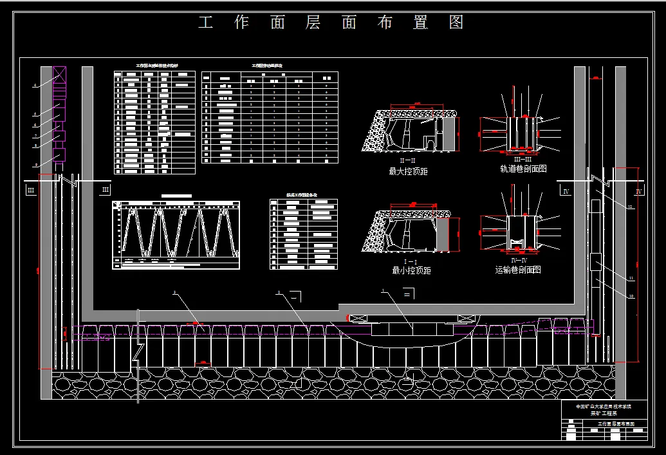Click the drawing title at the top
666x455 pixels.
(331, 23)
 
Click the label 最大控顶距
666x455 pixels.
(409, 172)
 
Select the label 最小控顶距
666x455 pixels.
(411, 271)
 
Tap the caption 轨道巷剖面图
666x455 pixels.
(523, 169)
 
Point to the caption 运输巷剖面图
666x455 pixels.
(518, 270)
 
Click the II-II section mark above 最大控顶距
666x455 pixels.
(409, 160)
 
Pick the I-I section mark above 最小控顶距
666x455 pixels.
(410, 261)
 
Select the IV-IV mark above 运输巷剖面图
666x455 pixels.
(519, 260)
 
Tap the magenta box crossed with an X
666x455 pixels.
(59, 74)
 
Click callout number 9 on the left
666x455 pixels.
(36, 165)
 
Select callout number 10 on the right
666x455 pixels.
(631, 296)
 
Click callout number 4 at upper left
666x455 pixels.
(35, 85)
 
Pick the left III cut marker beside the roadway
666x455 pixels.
(30, 191)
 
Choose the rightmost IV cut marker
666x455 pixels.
(638, 192)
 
